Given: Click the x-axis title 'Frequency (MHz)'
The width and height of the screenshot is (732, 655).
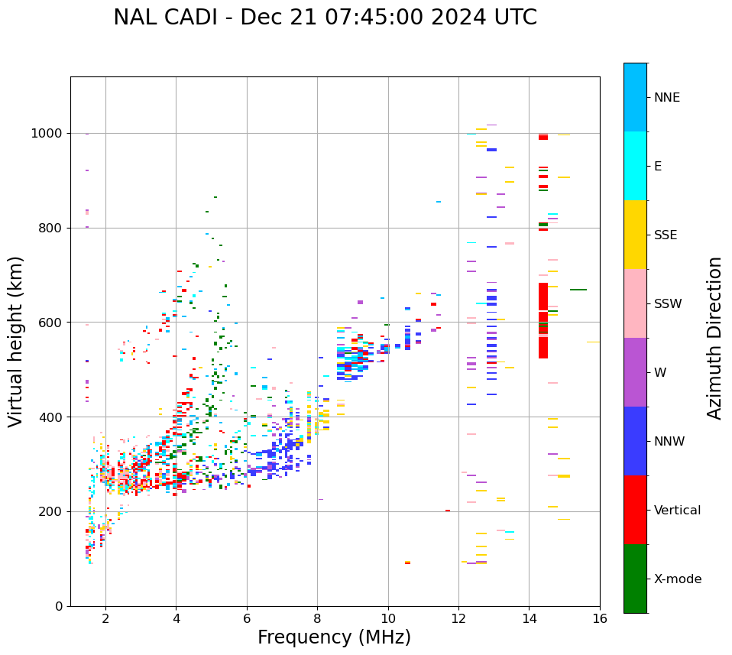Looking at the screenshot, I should click(x=334, y=637).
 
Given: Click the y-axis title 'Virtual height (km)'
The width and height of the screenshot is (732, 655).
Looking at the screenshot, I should click(x=16, y=341).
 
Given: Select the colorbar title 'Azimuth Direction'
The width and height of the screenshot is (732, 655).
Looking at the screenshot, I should click(x=714, y=338).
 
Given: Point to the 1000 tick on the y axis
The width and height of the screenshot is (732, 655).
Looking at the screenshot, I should click(x=50, y=133).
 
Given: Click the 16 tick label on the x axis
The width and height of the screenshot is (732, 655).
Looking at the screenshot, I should click(x=600, y=618).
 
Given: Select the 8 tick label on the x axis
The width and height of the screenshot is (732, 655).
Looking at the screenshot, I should click(x=317, y=618).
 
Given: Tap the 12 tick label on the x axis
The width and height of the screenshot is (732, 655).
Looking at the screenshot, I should click(x=458, y=618).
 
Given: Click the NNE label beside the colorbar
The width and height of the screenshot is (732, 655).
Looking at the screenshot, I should click(x=667, y=98).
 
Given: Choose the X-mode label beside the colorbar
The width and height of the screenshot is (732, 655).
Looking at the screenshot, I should click(x=678, y=579).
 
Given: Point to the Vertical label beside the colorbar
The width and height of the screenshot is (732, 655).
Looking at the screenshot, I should click(x=678, y=511).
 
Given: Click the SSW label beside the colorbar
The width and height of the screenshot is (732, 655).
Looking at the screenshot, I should click(x=668, y=304).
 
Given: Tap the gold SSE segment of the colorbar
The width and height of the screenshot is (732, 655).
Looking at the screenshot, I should click(x=635, y=235).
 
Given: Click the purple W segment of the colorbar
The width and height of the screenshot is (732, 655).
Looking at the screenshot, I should click(x=635, y=372).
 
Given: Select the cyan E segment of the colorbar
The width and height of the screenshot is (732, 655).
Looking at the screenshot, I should click(x=635, y=166).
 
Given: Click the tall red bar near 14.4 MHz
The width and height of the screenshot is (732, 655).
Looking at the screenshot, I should click(x=543, y=321).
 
